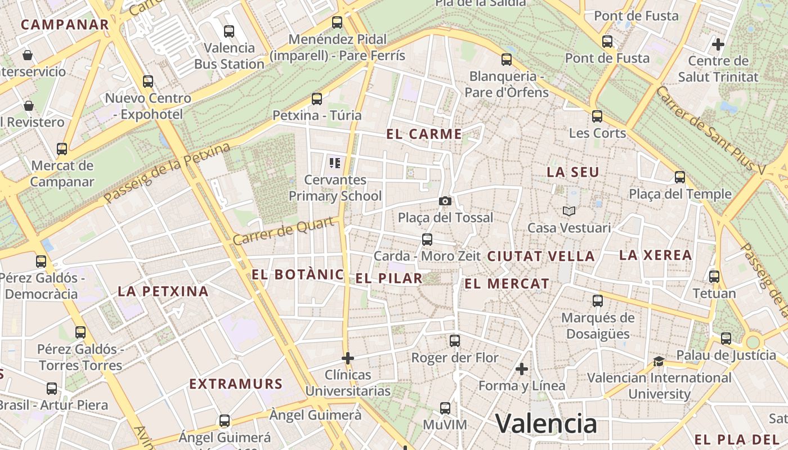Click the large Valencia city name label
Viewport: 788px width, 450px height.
pyautogui.click(x=545, y=423)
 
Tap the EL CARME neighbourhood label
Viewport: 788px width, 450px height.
pyautogui.click(x=424, y=134)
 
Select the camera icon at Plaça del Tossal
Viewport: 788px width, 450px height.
pyautogui.click(x=445, y=201)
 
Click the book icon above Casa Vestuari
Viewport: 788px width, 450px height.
pyautogui.click(x=569, y=211)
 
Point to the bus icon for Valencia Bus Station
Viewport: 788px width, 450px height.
pyautogui.click(x=229, y=31)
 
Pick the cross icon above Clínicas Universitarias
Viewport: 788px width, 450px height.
pyautogui.click(x=348, y=358)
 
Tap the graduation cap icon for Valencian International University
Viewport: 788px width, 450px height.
pyautogui.click(x=659, y=361)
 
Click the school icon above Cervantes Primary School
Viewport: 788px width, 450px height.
pyautogui.click(x=335, y=163)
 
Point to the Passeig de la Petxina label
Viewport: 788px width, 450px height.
pyautogui.click(x=167, y=173)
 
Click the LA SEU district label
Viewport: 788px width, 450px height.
pyautogui.click(x=573, y=172)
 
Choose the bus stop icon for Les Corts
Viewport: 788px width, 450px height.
pyautogui.click(x=597, y=116)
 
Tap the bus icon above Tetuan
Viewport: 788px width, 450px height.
pyautogui.click(x=714, y=277)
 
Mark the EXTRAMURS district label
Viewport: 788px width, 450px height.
pyautogui.click(x=235, y=384)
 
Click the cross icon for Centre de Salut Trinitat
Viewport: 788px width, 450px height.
pyautogui.click(x=718, y=43)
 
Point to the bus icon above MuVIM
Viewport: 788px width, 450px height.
pyautogui.click(x=445, y=408)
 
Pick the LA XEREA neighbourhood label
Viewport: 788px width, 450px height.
pyautogui.click(x=655, y=255)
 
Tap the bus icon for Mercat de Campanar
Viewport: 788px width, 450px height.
pyautogui.click(x=62, y=149)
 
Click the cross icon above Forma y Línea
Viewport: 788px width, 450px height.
pyautogui.click(x=522, y=369)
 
